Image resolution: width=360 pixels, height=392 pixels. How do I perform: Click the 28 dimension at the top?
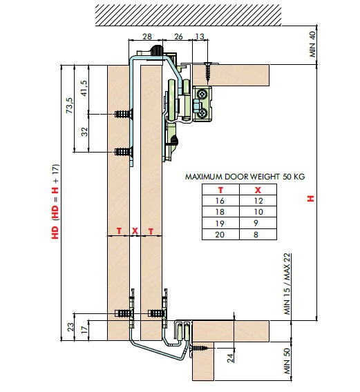[x=147, y=37]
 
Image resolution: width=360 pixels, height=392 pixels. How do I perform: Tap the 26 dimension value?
[x=178, y=37]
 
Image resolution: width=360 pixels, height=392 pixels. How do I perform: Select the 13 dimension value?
[x=200, y=37]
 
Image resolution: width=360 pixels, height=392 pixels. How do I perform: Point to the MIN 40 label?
[x=312, y=44]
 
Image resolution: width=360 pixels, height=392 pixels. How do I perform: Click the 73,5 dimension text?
[x=70, y=106]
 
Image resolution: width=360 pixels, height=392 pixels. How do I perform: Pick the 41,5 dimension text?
[x=84, y=88]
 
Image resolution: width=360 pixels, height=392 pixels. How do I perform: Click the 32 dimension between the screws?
[x=85, y=132]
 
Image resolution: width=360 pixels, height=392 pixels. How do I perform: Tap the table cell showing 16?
[x=220, y=201]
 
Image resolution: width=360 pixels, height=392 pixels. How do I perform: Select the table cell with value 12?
[x=258, y=201]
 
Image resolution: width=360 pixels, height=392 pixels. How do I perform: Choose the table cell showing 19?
[x=220, y=223]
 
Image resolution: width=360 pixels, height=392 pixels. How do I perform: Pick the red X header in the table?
[x=258, y=190]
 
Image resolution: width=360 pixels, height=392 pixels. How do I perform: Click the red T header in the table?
[x=220, y=190]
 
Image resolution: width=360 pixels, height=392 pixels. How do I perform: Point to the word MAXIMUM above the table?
[x=204, y=177]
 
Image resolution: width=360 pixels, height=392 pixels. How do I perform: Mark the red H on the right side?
[x=311, y=199]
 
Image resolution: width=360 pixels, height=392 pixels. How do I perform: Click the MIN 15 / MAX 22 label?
[x=287, y=284]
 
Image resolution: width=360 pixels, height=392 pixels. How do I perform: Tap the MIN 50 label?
[x=287, y=361]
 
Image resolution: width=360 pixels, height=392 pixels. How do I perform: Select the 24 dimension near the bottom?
[x=230, y=357]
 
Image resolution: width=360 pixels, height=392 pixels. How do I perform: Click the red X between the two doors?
[x=135, y=231]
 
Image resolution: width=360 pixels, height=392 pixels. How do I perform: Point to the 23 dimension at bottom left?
[x=71, y=327]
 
